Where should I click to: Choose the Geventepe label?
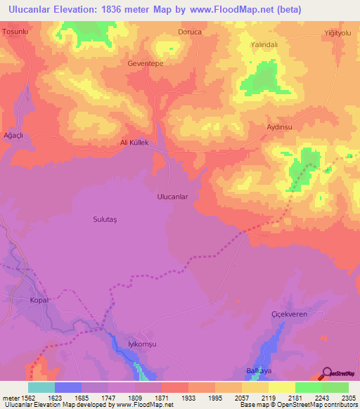(x=146, y=63)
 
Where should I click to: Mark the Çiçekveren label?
(x=289, y=314)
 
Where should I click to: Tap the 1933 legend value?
(x=188, y=398)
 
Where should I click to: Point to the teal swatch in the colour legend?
(x=41, y=387)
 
